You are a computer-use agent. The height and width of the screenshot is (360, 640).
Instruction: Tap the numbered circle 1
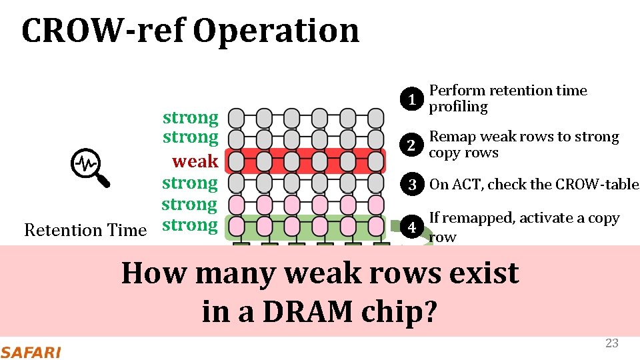pyautogui.click(x=413, y=99)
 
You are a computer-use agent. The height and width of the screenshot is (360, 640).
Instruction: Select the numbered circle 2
pyautogui.click(x=413, y=145)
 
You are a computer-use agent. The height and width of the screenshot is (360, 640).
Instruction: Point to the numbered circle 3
pyautogui.click(x=413, y=185)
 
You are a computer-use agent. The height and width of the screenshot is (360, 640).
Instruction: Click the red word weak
pyautogui.click(x=195, y=161)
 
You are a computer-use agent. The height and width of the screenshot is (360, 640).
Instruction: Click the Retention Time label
pyautogui.click(x=85, y=230)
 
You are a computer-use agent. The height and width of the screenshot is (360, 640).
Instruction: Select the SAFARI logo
pyautogui.click(x=31, y=351)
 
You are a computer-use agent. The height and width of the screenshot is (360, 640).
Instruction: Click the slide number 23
pyautogui.click(x=611, y=343)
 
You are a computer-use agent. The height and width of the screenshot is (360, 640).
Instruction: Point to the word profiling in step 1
pyautogui.click(x=458, y=107)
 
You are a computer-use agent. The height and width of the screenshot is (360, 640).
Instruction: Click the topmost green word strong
pyautogui.click(x=191, y=118)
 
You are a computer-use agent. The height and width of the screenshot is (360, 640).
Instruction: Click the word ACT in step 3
pyautogui.click(x=467, y=185)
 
